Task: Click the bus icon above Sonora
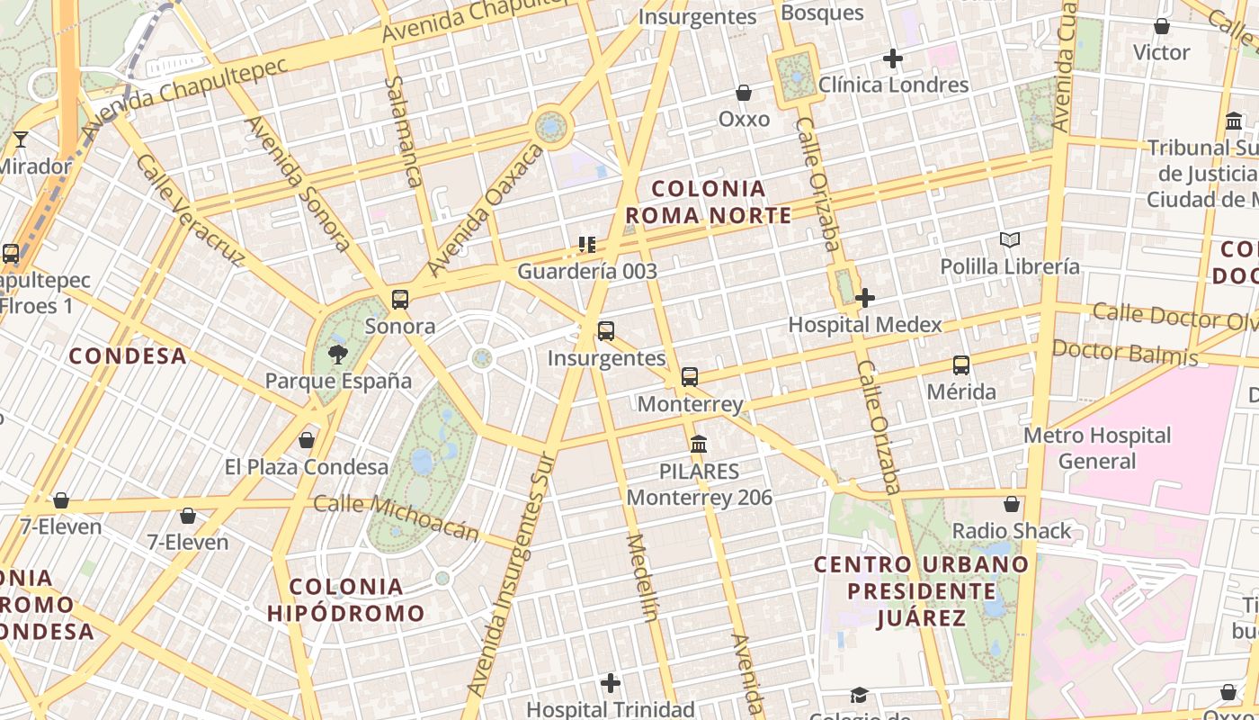tap(400, 300)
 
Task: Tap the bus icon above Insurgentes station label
tap(606, 331)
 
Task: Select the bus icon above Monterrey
tap(690, 377)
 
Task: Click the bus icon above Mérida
tap(961, 365)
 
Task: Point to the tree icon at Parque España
tap(338, 354)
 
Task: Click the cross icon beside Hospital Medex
tap(866, 298)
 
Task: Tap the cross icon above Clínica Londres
tap(893, 59)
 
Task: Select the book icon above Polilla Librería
tap(1010, 239)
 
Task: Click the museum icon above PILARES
tap(699, 444)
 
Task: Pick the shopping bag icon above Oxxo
tap(744, 93)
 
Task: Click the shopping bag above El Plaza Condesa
tap(307, 440)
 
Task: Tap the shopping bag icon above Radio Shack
tap(1012, 504)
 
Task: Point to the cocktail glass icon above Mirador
tap(21, 139)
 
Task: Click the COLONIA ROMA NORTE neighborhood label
tap(709, 202)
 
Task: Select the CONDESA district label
tap(128, 356)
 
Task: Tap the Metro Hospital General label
tap(1097, 448)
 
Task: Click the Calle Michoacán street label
tap(396, 517)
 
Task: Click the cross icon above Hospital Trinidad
tap(611, 683)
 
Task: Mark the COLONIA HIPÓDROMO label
tap(346, 600)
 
